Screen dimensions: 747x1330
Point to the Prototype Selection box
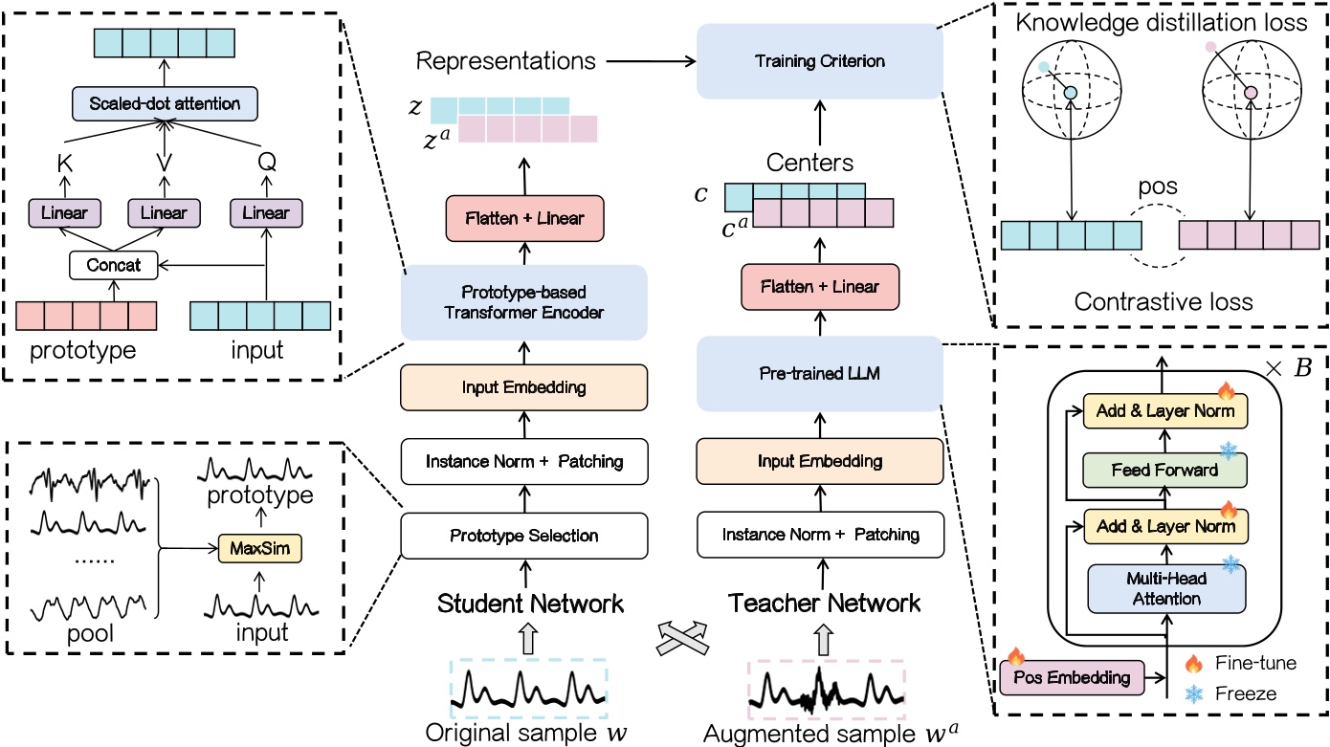pyautogui.click(x=524, y=535)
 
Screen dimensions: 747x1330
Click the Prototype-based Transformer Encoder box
pyautogui.click(x=524, y=303)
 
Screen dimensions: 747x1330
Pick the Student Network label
pyautogui.click(x=531, y=604)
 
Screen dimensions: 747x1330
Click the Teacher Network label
pyautogui.click(x=825, y=604)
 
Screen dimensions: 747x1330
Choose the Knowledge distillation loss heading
pyautogui.click(x=1162, y=23)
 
